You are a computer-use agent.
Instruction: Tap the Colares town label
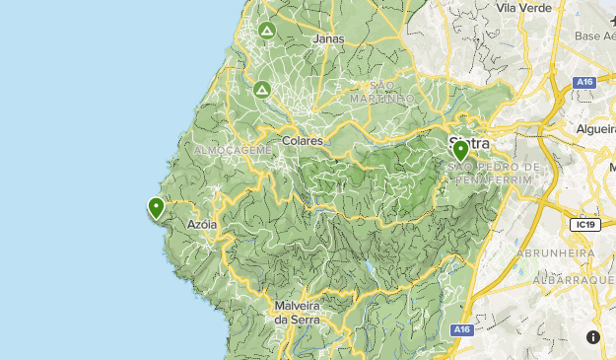[x=302, y=141]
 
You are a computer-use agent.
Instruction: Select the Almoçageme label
[x=233, y=149]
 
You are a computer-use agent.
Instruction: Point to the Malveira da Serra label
[x=294, y=312]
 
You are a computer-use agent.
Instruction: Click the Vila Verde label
[x=521, y=8]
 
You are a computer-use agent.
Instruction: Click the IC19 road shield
[x=584, y=225]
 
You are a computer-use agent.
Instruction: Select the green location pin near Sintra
[x=460, y=151]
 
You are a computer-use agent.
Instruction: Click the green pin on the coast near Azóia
[x=156, y=207]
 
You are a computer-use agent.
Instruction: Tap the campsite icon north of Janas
[x=266, y=31]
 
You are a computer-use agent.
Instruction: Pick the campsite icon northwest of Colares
[x=261, y=89]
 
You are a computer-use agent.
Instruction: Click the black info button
[x=592, y=337]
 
